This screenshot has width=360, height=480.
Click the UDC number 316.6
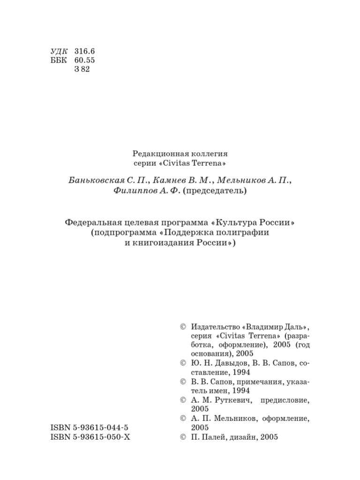tap(84, 51)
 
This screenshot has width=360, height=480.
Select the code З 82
tap(82, 69)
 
